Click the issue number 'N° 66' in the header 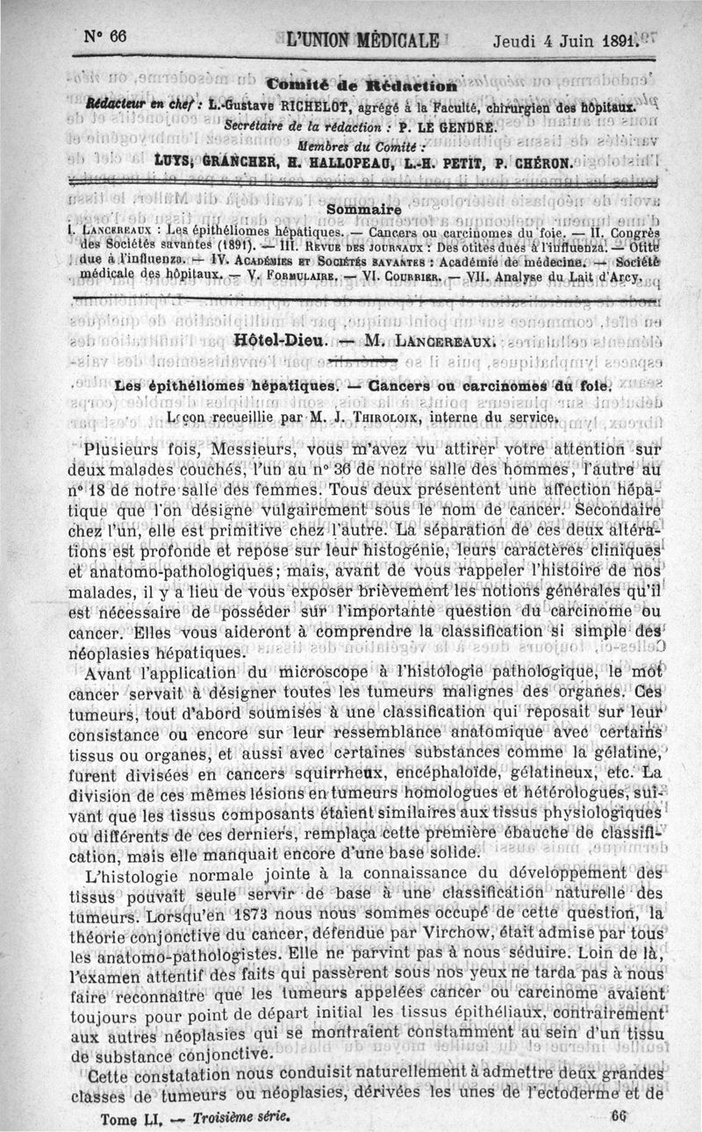click(106, 36)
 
